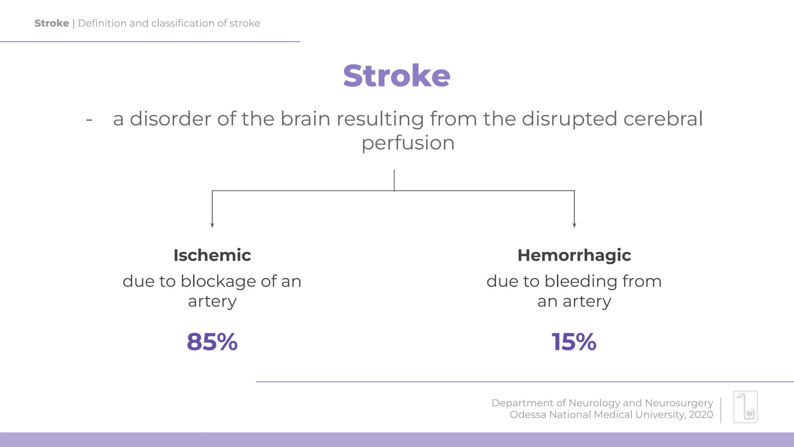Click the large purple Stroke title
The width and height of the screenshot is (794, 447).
(397, 76)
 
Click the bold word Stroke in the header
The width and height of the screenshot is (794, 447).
(52, 23)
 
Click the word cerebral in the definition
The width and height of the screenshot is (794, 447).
(663, 119)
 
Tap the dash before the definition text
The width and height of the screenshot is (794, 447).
(89, 120)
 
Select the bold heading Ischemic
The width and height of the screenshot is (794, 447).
(212, 255)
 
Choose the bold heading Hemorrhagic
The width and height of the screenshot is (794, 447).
(574, 255)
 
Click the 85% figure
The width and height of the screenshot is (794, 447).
(212, 342)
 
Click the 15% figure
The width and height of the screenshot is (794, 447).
(574, 342)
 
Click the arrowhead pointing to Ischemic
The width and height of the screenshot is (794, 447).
(212, 225)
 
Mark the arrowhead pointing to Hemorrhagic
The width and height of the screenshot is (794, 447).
(574, 225)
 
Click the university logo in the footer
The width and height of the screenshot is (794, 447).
(745, 407)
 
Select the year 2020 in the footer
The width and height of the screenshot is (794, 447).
(701, 415)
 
